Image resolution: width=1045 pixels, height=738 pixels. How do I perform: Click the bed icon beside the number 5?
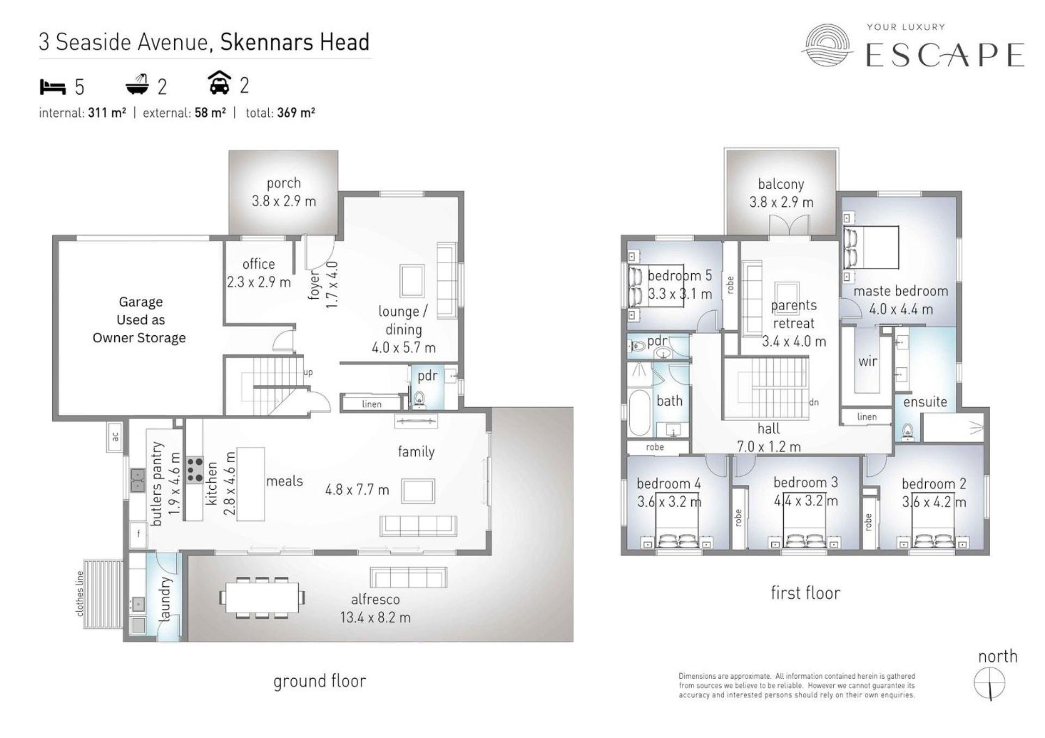point(53,87)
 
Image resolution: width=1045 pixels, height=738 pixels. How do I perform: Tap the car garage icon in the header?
point(219,83)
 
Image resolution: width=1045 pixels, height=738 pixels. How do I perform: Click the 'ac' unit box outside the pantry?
point(115,437)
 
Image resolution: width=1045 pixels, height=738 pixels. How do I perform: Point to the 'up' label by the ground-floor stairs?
point(308,373)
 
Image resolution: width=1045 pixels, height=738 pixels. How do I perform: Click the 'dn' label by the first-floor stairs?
point(814,402)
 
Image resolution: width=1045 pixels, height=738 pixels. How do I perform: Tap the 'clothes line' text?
point(80,594)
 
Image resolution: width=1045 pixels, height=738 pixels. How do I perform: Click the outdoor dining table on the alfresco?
point(262,598)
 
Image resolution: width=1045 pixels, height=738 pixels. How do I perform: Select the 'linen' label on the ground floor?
point(372,404)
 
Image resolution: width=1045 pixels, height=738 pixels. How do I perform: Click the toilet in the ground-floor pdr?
point(419,399)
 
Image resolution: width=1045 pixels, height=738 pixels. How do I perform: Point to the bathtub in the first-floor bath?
point(639,413)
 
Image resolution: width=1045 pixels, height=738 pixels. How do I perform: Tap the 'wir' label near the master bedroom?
point(868,361)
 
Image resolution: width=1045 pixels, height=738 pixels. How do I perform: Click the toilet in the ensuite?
point(907,430)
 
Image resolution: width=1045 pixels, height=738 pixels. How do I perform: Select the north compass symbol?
point(989,684)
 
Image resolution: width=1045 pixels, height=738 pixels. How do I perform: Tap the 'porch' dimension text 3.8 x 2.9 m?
point(284,201)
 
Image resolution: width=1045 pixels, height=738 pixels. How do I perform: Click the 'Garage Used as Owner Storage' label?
point(139,319)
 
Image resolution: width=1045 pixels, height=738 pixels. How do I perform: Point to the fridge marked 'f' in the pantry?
point(138,534)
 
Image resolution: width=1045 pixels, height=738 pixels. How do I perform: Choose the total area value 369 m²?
point(296,113)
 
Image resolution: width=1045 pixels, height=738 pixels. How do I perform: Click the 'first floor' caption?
point(806,593)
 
